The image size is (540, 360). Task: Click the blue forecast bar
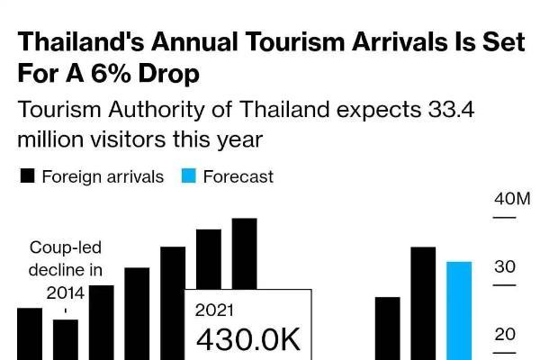[459, 310]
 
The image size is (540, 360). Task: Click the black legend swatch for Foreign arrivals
[28, 176]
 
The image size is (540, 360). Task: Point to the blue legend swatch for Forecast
[189, 176]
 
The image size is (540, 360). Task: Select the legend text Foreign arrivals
[103, 176]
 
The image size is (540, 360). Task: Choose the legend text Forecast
[238, 176]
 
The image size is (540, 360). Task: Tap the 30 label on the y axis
[504, 267]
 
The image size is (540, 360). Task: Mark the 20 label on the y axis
[504, 335]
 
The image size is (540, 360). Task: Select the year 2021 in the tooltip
[214, 310]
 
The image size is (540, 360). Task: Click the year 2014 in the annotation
[66, 292]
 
